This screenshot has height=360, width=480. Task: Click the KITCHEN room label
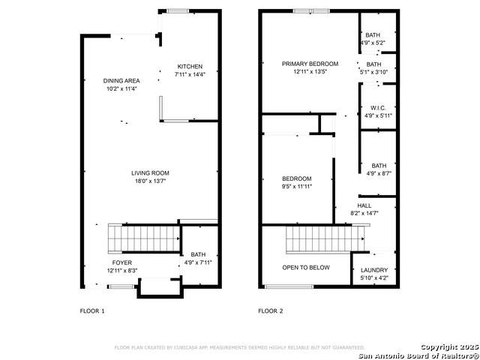190,67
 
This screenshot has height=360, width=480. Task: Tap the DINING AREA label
121,81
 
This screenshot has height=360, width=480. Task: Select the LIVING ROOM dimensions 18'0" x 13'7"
150,181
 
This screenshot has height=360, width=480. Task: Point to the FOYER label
121,262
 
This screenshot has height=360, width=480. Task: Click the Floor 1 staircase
144,238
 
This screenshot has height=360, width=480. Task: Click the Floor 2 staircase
325,239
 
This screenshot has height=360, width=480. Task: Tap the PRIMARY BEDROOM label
310,64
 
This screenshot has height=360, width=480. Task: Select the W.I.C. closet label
378,108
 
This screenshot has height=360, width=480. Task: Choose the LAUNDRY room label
374,270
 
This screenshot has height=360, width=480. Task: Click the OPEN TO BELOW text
306,268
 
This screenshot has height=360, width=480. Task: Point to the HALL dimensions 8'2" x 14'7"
364,213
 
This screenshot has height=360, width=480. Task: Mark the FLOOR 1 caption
92,311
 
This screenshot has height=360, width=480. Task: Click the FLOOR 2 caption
271,311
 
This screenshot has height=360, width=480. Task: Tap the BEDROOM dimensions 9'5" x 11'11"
297,187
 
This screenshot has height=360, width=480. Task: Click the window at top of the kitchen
178,11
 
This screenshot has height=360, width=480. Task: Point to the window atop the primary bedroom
311,11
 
